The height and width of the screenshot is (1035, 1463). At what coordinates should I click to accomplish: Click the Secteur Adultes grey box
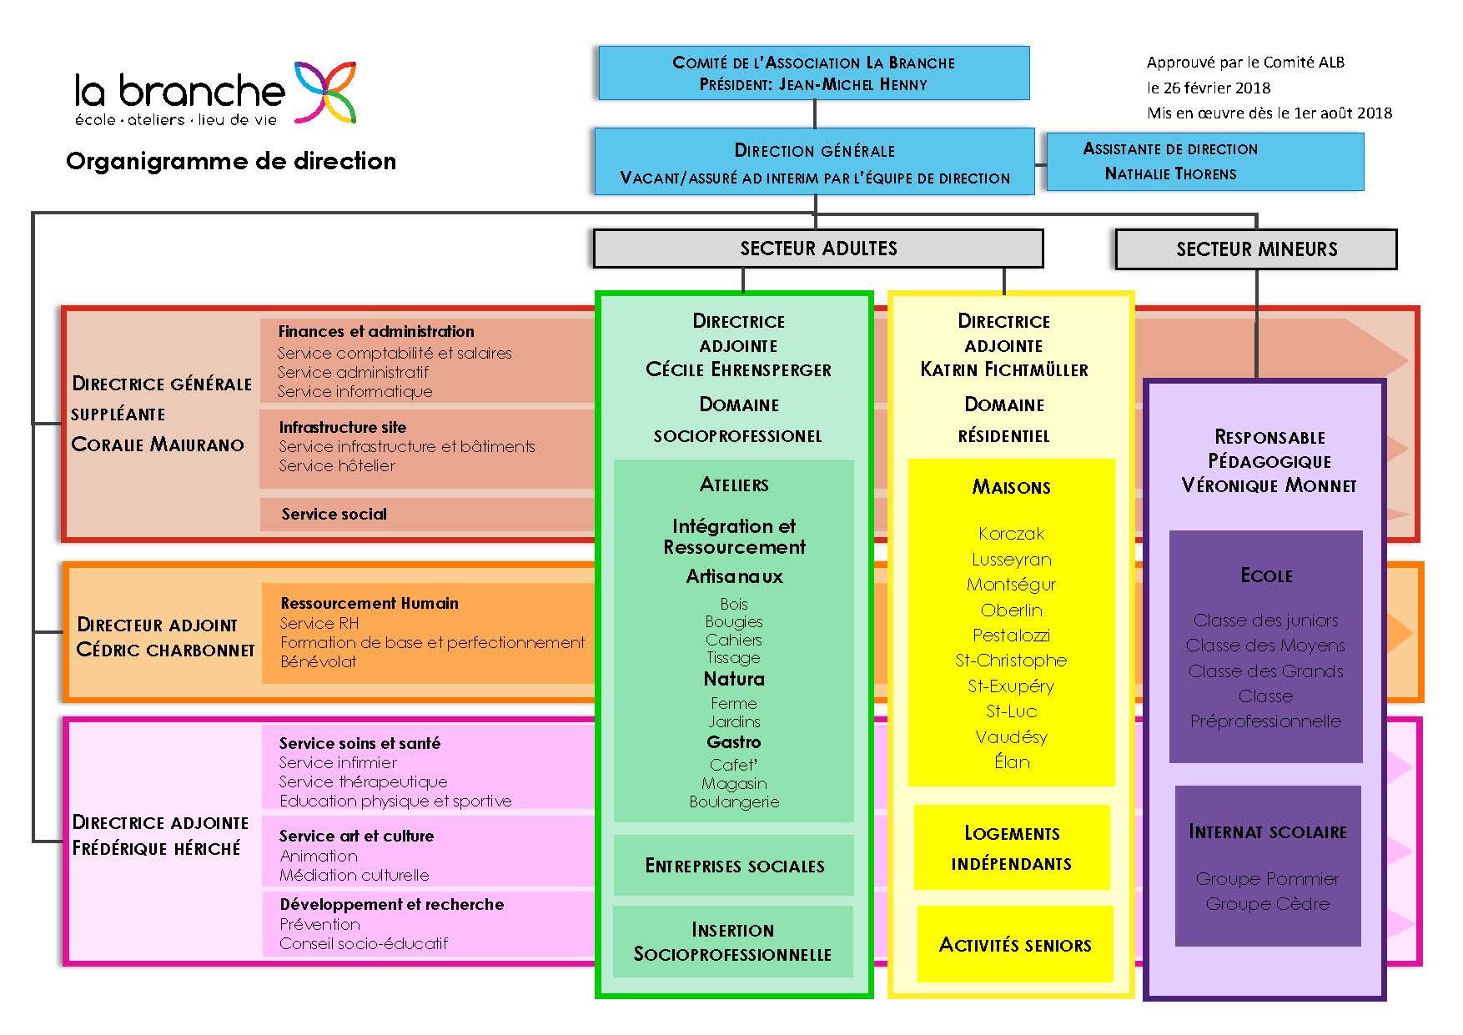(818, 249)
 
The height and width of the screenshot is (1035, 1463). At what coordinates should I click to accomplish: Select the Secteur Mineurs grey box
(1256, 249)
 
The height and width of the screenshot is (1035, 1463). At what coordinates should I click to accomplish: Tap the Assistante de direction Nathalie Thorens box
(1204, 162)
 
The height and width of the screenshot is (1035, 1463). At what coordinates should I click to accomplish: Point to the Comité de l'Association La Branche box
(813, 73)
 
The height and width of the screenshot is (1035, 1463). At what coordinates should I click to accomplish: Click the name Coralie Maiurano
(158, 445)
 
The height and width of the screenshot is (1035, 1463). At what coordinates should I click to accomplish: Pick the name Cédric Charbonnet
(165, 650)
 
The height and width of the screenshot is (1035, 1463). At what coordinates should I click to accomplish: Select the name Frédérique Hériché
(156, 848)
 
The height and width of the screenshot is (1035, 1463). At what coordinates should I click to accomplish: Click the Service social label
(334, 514)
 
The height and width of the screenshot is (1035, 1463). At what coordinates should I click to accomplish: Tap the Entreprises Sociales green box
(734, 866)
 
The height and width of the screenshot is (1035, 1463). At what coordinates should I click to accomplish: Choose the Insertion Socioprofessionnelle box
(733, 942)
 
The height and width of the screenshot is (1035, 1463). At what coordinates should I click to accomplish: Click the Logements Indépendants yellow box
(1012, 847)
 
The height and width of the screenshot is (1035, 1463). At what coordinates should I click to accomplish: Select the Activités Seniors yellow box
(1015, 944)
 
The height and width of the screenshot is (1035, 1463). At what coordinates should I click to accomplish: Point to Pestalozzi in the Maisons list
(1012, 636)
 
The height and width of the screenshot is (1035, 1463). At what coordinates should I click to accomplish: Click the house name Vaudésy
(1012, 737)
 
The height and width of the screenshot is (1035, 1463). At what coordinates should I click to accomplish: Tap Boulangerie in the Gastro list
(734, 802)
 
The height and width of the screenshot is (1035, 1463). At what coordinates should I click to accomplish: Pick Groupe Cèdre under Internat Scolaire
(1268, 904)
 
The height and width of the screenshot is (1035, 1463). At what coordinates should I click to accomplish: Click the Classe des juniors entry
(1266, 620)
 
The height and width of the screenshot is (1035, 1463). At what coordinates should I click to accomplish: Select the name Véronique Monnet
(1269, 485)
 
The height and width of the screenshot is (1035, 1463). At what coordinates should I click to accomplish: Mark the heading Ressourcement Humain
(370, 603)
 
